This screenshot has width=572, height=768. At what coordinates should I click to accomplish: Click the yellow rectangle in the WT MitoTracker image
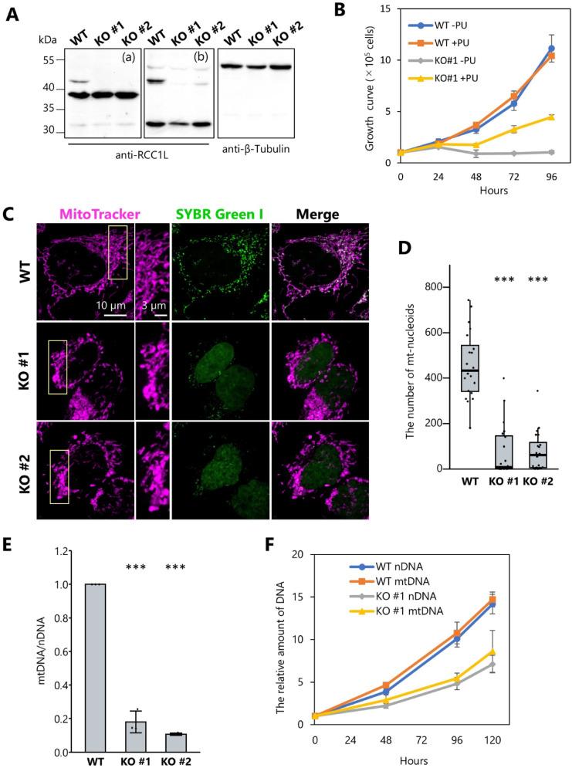pyautogui.click(x=117, y=252)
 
